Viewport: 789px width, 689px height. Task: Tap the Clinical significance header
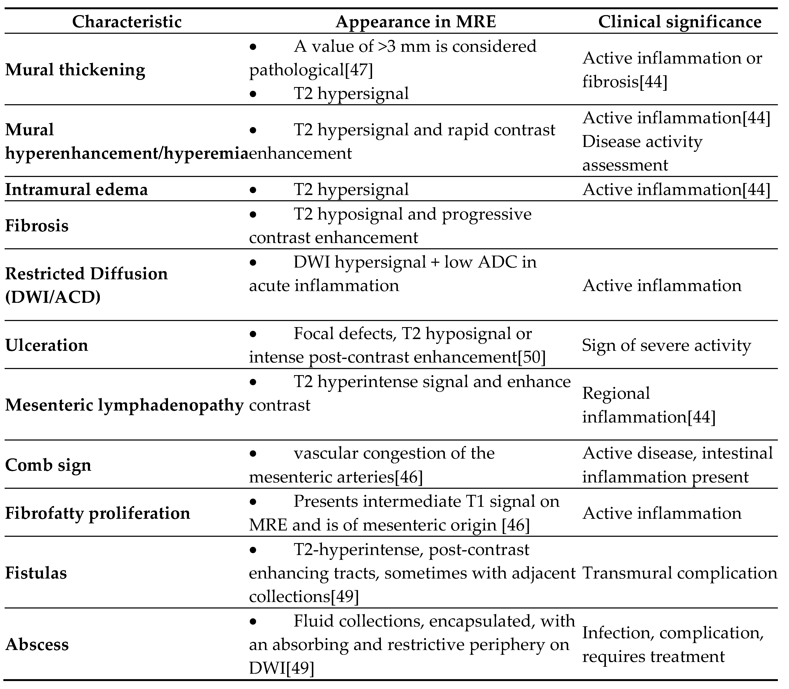coord(680,22)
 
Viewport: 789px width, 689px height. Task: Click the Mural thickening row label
coord(75,70)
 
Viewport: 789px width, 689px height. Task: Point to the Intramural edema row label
coord(77,190)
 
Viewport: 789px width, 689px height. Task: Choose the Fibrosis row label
coord(37,226)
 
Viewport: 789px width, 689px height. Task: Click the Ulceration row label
coord(47,345)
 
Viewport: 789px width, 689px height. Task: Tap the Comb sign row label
coord(48,465)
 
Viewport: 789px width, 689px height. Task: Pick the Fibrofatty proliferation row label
coord(98,513)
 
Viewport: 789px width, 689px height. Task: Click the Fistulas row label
coord(36,573)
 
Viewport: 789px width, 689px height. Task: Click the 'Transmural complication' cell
coord(680,573)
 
